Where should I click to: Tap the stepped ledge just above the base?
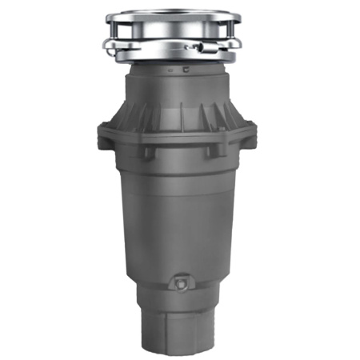(179, 302)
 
